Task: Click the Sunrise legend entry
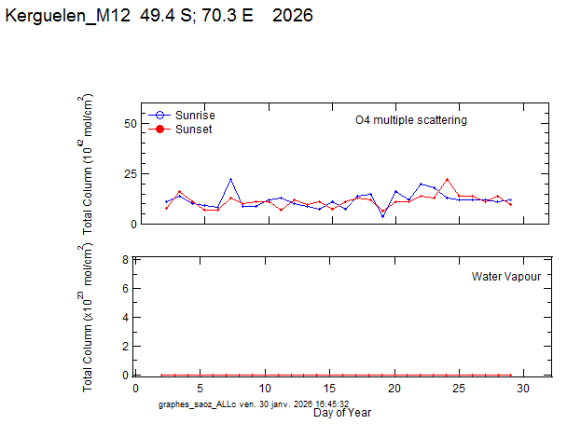pyautogui.click(x=194, y=115)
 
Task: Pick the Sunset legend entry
pyautogui.click(x=193, y=130)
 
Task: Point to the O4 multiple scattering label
pyautogui.click(x=411, y=120)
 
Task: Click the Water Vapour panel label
pyautogui.click(x=505, y=277)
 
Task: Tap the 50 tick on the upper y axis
pyautogui.click(x=131, y=123)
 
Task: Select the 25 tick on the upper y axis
pyautogui.click(x=131, y=173)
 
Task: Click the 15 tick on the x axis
pyautogui.click(x=330, y=389)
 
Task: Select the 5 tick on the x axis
pyautogui.click(x=201, y=389)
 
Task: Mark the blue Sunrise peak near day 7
pyautogui.click(x=230, y=179)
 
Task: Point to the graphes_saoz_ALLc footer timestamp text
pyautogui.click(x=254, y=404)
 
